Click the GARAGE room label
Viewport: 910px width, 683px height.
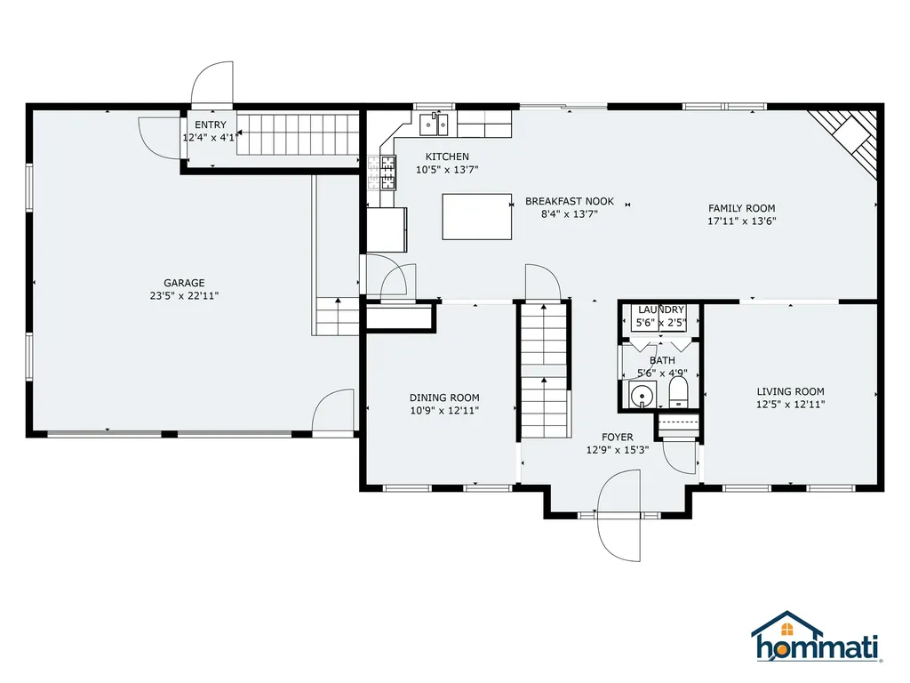click(x=184, y=283)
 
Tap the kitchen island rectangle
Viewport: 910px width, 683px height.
click(x=477, y=217)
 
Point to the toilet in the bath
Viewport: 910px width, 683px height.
click(x=678, y=392)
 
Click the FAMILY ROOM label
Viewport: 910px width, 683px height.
click(x=742, y=208)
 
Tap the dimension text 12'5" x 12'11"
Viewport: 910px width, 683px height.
click(x=790, y=405)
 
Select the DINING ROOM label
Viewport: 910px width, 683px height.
click(x=444, y=398)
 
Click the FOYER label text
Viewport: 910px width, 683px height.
click(x=618, y=438)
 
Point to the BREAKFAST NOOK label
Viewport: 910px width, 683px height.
click(x=570, y=201)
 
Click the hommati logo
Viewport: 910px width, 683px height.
click(x=818, y=637)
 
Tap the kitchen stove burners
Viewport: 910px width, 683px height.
click(x=387, y=173)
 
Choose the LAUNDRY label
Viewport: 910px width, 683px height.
click(x=661, y=309)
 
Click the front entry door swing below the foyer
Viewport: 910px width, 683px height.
click(x=619, y=516)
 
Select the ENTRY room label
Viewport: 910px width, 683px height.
click(x=211, y=125)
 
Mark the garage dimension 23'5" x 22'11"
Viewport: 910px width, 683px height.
click(x=184, y=295)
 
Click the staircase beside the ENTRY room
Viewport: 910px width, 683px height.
click(x=298, y=135)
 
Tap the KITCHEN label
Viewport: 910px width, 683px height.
click(x=447, y=157)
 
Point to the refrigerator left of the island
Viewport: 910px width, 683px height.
click(x=387, y=230)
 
